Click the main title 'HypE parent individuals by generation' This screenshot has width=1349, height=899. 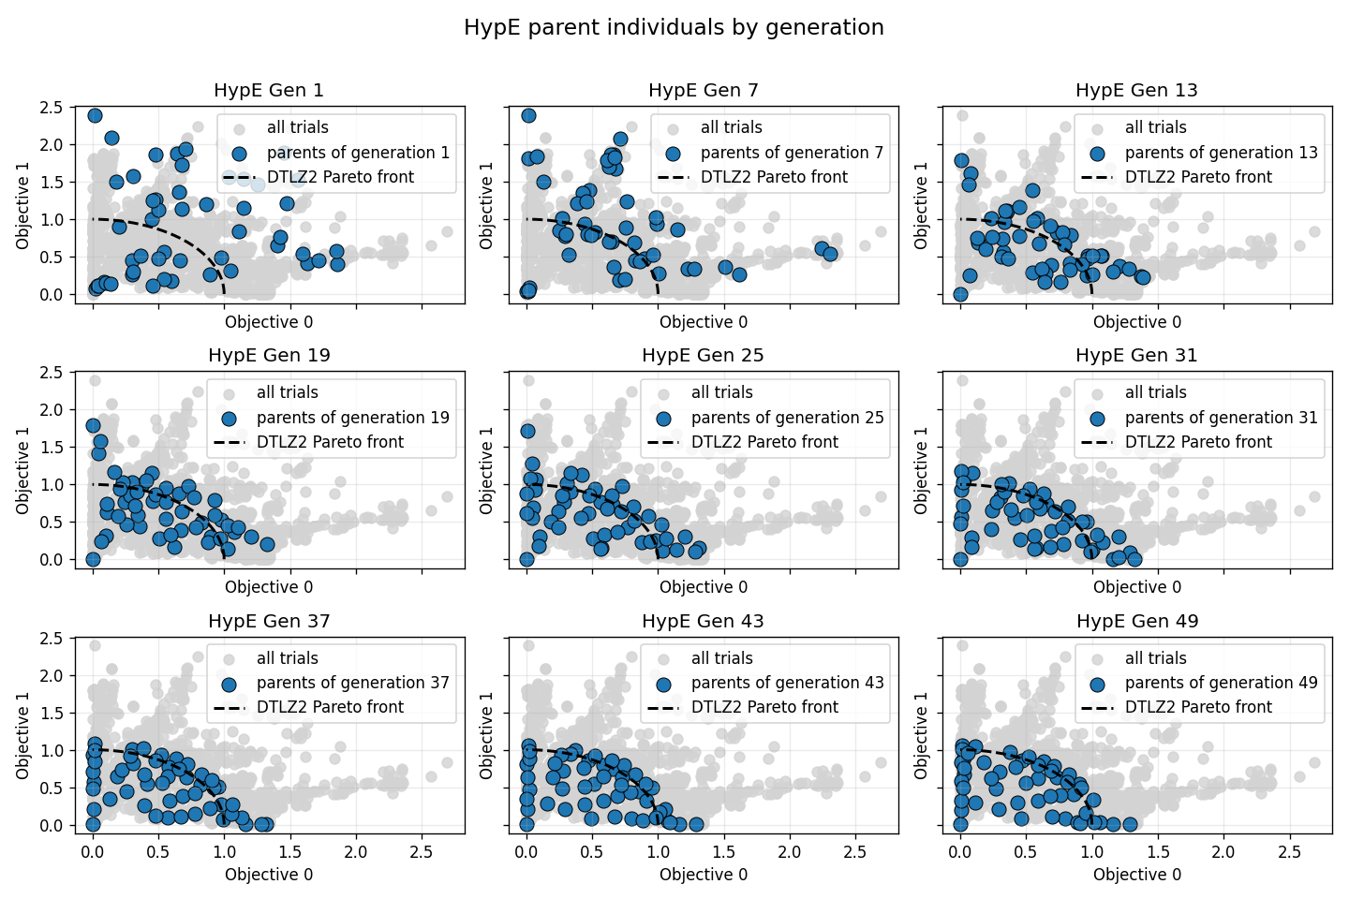point(674,28)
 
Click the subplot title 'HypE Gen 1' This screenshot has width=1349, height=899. point(269,91)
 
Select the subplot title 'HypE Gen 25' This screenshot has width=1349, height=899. point(703,356)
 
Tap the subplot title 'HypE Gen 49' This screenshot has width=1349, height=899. point(1136,622)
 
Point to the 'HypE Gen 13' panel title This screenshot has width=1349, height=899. point(1136,91)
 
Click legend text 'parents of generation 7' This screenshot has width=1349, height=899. point(792,153)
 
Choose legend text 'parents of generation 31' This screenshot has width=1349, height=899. point(1221,418)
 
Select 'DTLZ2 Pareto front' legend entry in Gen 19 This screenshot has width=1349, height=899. point(330,442)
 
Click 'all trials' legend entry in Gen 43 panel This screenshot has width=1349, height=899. point(721,658)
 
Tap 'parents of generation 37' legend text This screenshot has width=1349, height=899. point(352,683)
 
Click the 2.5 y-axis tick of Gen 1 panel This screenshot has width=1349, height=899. point(52,108)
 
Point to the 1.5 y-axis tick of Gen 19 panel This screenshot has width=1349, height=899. point(52,448)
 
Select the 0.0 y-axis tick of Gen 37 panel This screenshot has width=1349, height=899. point(52,826)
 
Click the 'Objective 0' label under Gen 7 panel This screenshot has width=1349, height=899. point(704,322)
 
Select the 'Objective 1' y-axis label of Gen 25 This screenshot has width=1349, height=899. point(486,471)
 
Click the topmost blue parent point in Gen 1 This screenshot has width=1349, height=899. point(95,115)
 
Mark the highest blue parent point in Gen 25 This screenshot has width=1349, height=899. point(527,432)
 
